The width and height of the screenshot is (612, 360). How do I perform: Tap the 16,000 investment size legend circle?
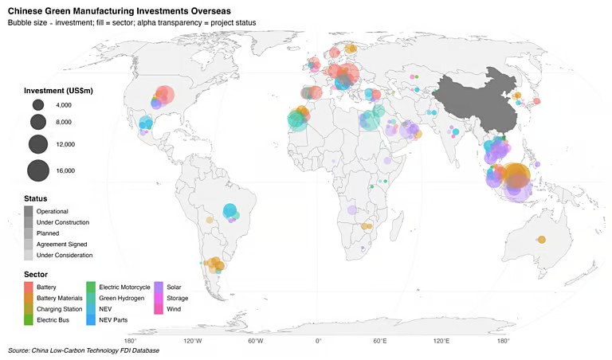click(x=38, y=170)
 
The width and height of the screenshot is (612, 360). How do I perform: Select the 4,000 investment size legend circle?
click(x=38, y=105)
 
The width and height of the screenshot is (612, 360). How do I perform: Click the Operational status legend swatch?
click(x=29, y=210)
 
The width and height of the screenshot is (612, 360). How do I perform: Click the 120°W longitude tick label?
click(x=193, y=341)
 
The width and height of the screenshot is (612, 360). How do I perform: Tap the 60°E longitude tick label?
click(x=380, y=341)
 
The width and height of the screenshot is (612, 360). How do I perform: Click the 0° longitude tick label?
click(x=318, y=341)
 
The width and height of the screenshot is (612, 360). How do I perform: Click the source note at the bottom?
click(x=84, y=350)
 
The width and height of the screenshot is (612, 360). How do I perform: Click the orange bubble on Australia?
click(x=541, y=240)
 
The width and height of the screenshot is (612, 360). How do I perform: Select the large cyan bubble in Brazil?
click(x=230, y=211)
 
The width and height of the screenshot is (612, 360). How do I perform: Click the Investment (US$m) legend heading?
click(x=58, y=91)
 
